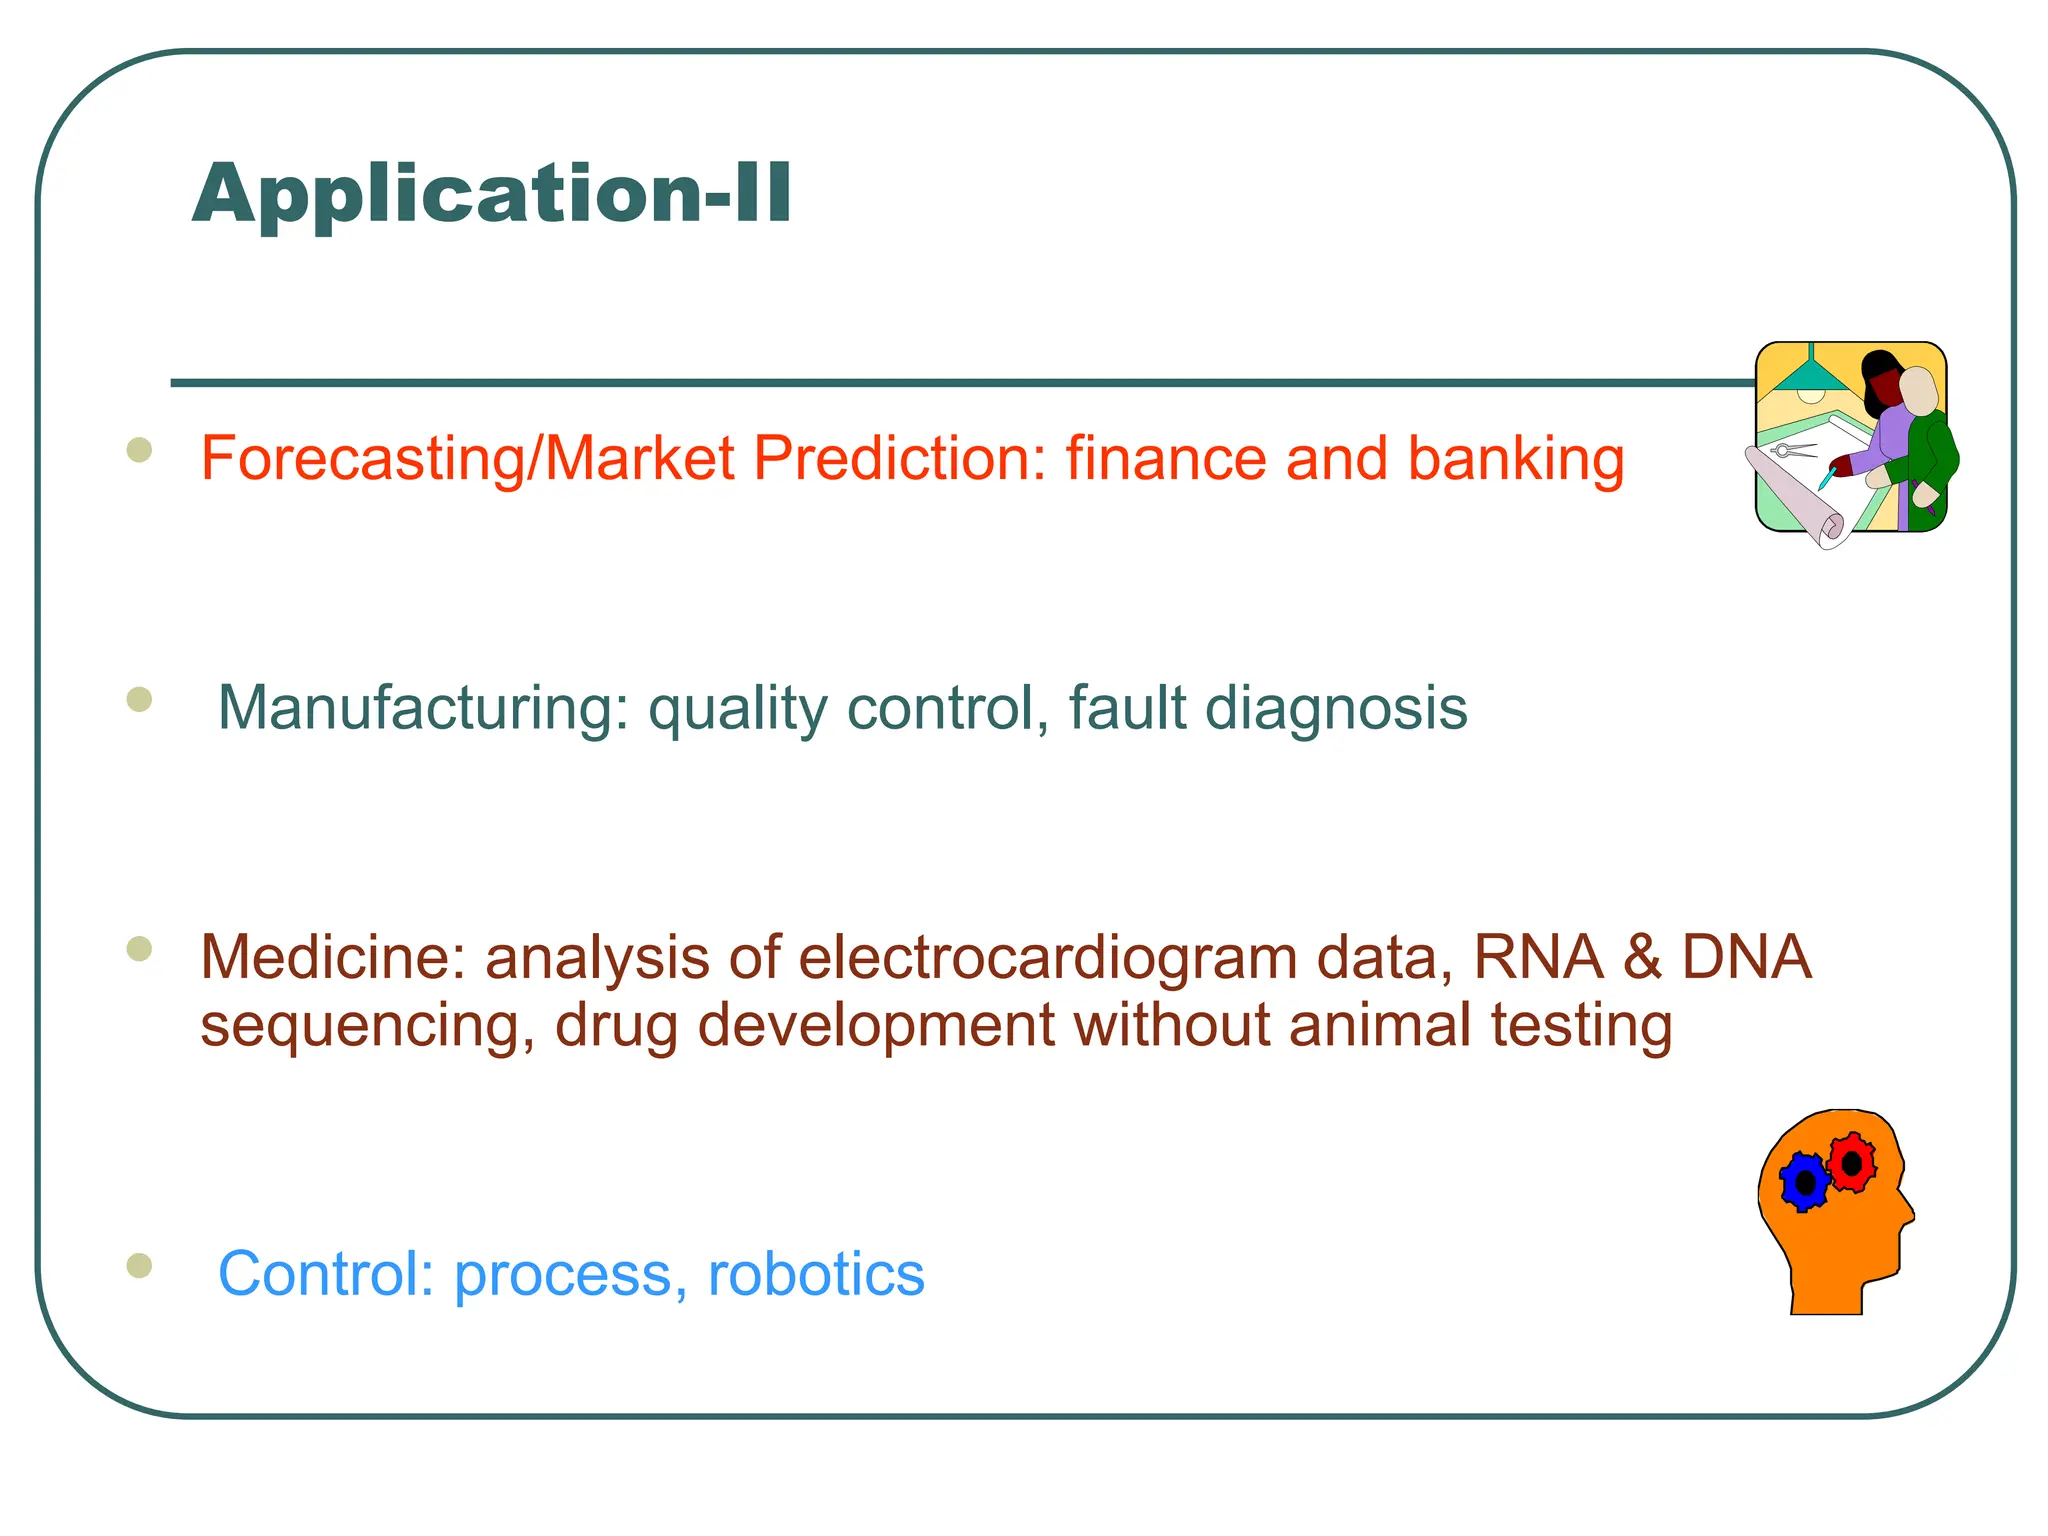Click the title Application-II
click(492, 193)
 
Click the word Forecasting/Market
click(467, 459)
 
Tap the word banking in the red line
click(1515, 459)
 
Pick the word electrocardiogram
click(1046, 957)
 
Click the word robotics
click(816, 1274)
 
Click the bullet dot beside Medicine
click(139, 949)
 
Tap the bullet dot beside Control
click(139, 1266)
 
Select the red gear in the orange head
click(1852, 1163)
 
